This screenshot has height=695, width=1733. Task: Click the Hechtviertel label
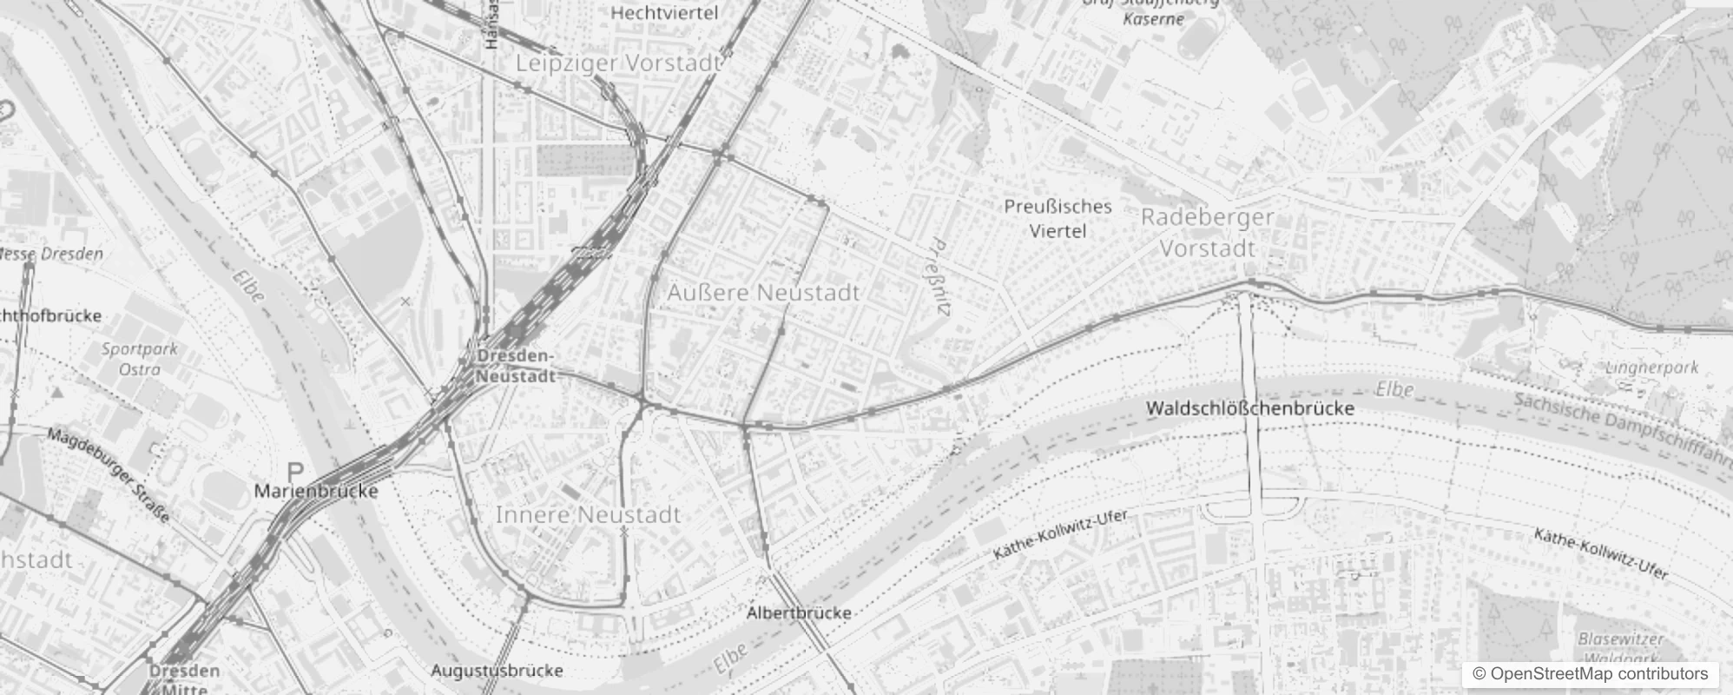(x=664, y=13)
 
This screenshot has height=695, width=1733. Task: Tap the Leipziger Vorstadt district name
(x=618, y=63)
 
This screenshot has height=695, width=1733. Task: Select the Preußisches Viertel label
(x=1058, y=219)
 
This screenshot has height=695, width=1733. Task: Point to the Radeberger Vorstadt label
(x=1208, y=233)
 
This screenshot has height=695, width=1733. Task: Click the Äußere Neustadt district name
(x=763, y=293)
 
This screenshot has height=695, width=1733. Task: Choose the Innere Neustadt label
(x=588, y=515)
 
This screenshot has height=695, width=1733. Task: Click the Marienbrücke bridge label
(x=316, y=491)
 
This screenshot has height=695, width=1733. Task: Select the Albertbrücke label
(x=799, y=612)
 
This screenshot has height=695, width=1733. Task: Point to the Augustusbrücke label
(x=497, y=671)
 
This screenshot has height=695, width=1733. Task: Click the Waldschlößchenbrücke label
(x=1250, y=408)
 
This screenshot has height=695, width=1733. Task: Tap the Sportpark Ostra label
(x=139, y=359)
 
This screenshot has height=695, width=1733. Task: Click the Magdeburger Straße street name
(x=109, y=474)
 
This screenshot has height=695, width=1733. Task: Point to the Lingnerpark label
(x=1651, y=367)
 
